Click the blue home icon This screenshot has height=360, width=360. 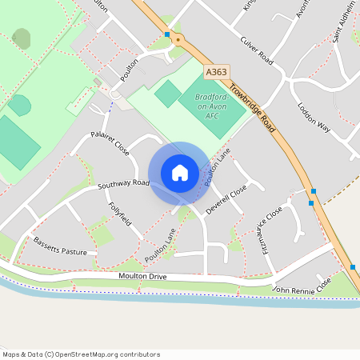pyautogui.click(x=179, y=173)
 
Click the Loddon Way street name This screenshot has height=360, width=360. pyautogui.click(x=314, y=117)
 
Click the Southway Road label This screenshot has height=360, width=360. pyautogui.click(x=124, y=184)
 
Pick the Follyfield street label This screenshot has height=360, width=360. pyautogui.click(x=120, y=214)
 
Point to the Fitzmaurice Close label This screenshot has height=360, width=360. pyautogui.click(x=272, y=230)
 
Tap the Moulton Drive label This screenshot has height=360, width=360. pyautogui.click(x=119, y=276)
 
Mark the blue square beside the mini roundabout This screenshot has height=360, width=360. pyautogui.click(x=167, y=34)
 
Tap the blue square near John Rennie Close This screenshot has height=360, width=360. pyautogui.click(x=352, y=266)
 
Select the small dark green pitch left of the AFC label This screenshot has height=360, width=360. pyautogui.click(x=168, y=94)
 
